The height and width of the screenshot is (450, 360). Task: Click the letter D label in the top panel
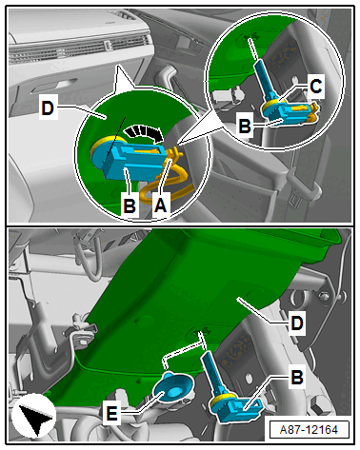[x=48, y=108]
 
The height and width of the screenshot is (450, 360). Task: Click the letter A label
[x=160, y=205]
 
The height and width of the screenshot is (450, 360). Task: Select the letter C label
[x=315, y=87]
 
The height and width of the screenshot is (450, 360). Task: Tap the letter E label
[x=111, y=413]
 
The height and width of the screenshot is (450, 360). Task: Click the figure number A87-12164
[x=310, y=430]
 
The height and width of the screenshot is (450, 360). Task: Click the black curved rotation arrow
[x=144, y=133]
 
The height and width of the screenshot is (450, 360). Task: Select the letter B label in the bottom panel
[x=297, y=377]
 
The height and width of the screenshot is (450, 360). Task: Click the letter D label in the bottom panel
[x=297, y=323]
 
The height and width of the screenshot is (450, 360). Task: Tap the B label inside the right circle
[x=244, y=126]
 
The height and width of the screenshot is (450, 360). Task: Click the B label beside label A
[x=130, y=205]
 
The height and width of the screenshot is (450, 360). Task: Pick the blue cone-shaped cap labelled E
[x=173, y=387]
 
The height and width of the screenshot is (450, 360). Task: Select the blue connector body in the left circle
[x=134, y=159]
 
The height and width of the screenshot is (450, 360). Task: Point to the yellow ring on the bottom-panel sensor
[x=220, y=401]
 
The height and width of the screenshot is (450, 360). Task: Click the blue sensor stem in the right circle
[x=265, y=78]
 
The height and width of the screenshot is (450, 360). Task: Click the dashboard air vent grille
[x=79, y=49]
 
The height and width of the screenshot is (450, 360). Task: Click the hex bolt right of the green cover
[x=324, y=297]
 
